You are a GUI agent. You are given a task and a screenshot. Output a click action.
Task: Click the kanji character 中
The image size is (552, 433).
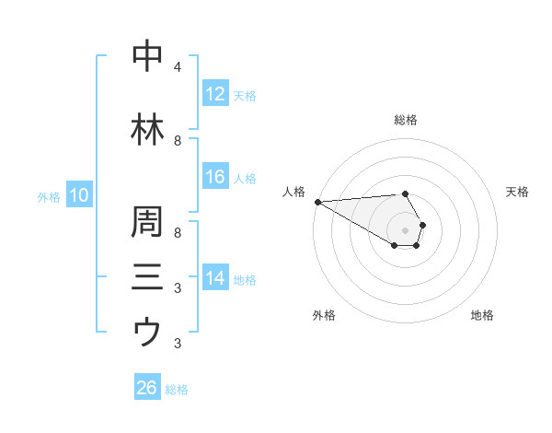[147, 56]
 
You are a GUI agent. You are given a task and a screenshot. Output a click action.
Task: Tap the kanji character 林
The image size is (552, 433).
[147, 130]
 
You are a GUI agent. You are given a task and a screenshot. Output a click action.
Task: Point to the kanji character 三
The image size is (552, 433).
[147, 276]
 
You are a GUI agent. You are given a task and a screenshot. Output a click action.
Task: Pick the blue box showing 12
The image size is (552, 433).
[215, 94]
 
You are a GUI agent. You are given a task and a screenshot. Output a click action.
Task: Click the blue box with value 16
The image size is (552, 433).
[215, 177]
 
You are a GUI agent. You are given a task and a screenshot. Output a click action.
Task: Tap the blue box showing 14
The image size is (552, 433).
[215, 278]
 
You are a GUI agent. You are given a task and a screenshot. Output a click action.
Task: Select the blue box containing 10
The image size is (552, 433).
[78, 195]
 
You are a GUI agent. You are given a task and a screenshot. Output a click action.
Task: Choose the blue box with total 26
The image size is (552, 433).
[146, 388]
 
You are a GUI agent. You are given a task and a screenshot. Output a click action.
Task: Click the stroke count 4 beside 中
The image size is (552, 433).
[177, 67]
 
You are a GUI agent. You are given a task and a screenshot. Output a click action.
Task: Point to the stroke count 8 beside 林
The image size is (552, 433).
[177, 141]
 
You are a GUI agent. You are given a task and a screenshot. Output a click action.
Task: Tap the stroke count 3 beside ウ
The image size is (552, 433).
[177, 344]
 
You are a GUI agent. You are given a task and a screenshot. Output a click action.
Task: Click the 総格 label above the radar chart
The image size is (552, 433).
[405, 120]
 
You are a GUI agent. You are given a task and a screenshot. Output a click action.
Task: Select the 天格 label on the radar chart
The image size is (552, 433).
[517, 192]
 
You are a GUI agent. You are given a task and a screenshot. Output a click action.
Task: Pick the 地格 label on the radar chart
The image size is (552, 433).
[482, 315]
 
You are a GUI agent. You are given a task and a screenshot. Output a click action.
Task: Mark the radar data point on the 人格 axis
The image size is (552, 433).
[316, 202]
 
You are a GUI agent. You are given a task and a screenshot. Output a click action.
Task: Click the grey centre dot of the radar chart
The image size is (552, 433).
[405, 230]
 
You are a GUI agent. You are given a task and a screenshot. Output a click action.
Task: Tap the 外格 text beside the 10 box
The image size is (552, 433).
[49, 196]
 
